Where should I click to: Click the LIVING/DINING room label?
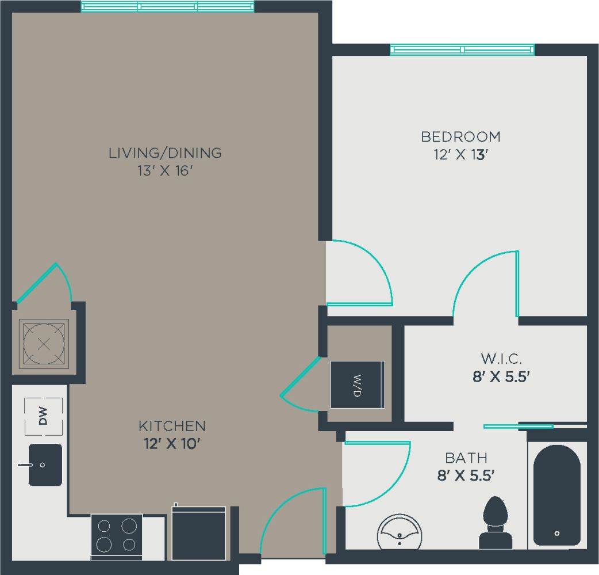[165, 153]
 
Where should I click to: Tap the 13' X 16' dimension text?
[165, 171]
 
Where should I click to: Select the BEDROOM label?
[460, 137]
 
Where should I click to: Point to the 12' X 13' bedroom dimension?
[460, 155]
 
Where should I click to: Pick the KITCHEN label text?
[172, 426]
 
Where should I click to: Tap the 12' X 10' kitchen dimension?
[172, 444]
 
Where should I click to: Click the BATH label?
[466, 458]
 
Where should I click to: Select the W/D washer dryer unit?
[358, 384]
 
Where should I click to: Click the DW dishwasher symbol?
[43, 416]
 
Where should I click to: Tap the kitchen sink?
[45, 464]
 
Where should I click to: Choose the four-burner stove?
[117, 535]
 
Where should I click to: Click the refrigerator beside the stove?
[199, 532]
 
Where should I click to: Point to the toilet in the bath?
[495, 523]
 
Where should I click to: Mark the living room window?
[167, 6]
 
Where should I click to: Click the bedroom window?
[462, 49]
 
